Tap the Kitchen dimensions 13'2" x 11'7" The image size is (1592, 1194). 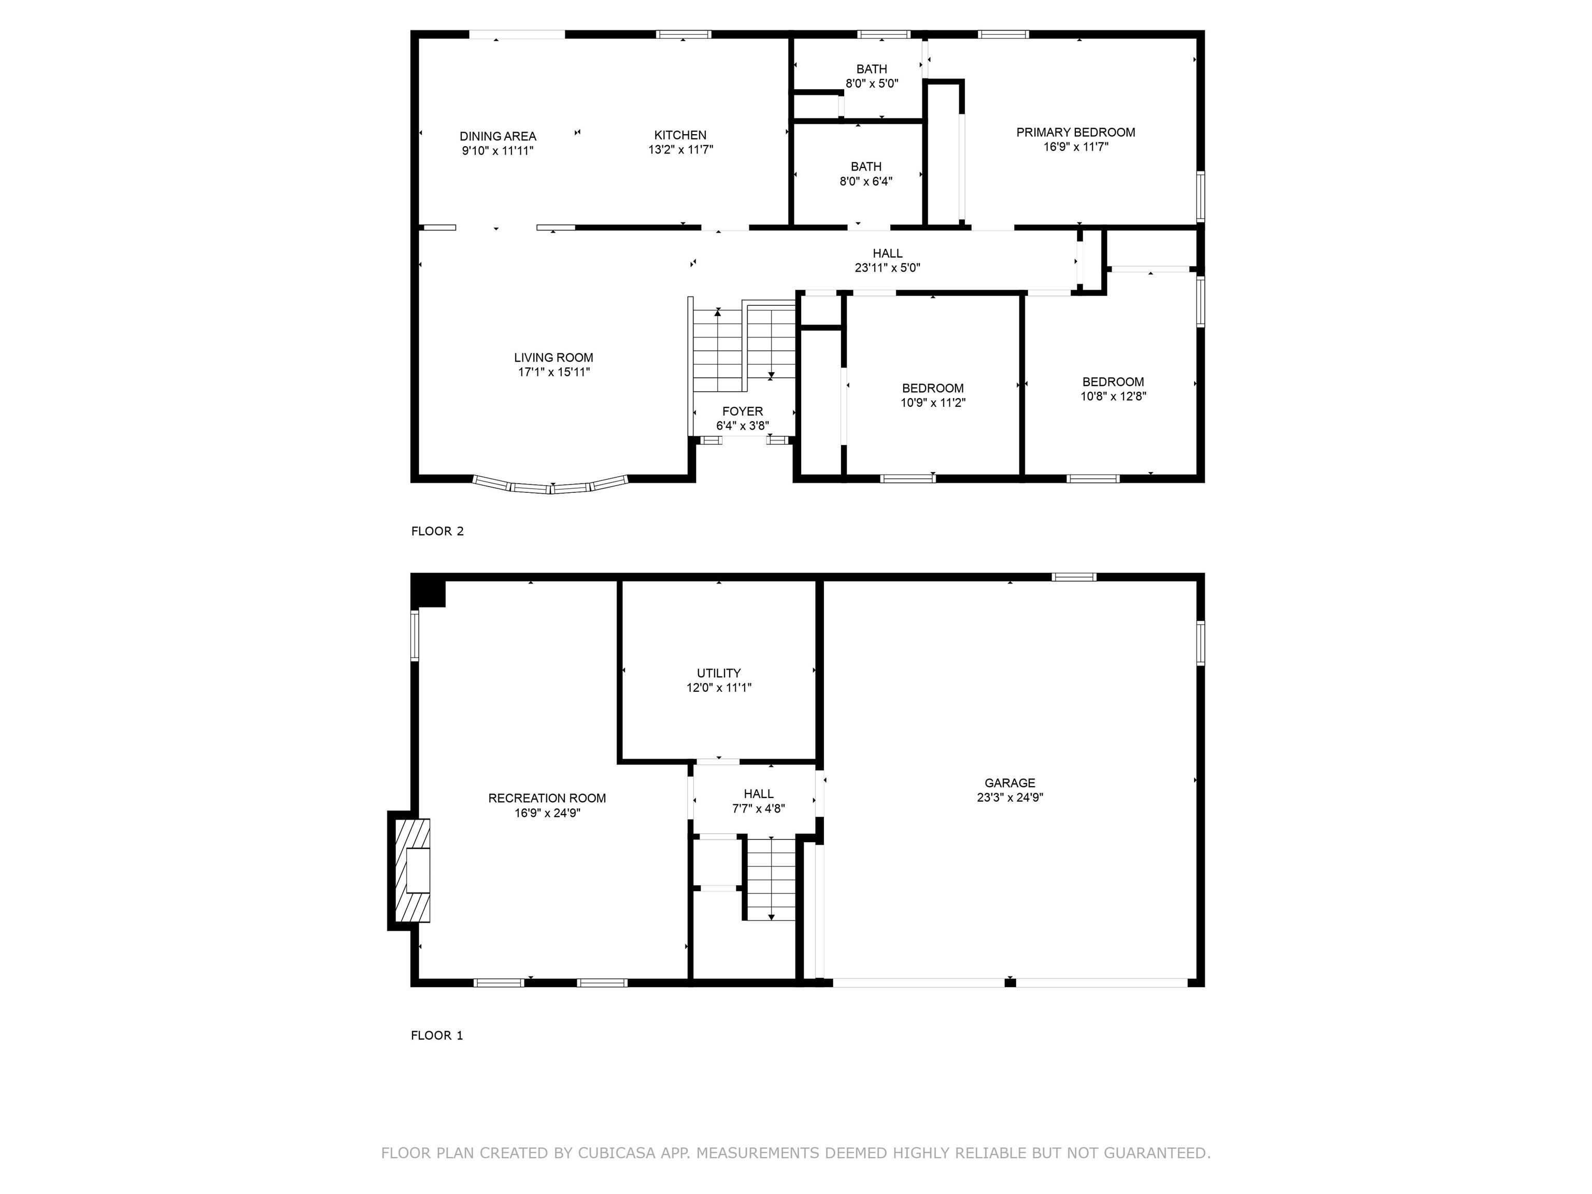coord(681,150)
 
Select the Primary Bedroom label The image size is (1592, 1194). coord(1076,133)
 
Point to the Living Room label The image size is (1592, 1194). coord(553,358)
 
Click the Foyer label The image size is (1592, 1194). coord(743,411)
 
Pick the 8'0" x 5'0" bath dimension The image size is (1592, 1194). coord(872,83)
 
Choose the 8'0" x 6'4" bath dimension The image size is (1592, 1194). coord(866,181)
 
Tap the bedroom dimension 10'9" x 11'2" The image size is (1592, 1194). coord(933,403)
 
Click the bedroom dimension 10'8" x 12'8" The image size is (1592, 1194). coord(1113,396)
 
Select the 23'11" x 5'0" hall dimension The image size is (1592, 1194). coord(887,268)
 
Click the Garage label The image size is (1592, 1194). coord(1010,783)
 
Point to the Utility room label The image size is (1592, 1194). coord(718,674)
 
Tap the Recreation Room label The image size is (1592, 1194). coord(547,798)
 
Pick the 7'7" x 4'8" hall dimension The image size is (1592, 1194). coord(759,808)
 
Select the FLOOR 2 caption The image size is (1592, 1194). coord(437,531)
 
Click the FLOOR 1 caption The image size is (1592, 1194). coord(437,1035)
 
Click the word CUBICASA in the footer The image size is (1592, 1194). coord(616,1153)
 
